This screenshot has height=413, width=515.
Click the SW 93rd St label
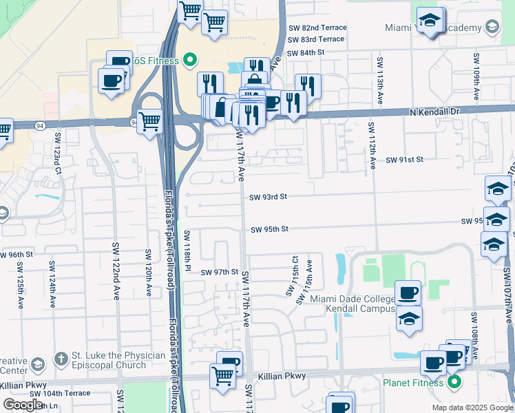(x=267, y=197)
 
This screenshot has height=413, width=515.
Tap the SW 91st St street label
(x=403, y=160)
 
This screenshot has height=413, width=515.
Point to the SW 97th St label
(x=219, y=273)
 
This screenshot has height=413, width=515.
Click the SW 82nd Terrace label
(x=317, y=28)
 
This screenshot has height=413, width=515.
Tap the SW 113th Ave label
(x=379, y=81)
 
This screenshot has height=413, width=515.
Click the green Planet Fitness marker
(x=454, y=382)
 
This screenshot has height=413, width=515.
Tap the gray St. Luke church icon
(x=60, y=359)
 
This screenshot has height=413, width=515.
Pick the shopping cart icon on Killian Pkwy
(x=222, y=376)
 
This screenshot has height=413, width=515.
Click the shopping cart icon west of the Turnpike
(x=149, y=122)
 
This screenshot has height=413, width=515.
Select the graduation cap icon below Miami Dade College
(x=409, y=318)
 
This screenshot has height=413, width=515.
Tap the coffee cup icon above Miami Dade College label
(x=408, y=292)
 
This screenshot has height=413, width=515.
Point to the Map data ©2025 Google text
(x=472, y=407)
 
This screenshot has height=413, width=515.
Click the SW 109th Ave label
(x=475, y=68)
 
